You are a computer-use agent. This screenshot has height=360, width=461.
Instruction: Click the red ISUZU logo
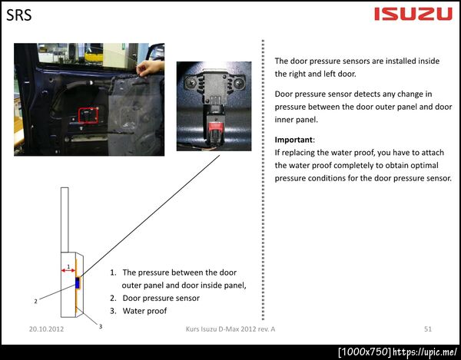(413, 14)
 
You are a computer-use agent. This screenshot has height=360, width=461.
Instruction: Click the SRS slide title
(18, 15)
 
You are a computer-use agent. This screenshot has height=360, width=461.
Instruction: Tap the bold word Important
(294, 140)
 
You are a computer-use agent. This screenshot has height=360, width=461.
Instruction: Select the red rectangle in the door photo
(88, 115)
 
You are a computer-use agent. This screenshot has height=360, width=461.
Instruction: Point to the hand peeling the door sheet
(150, 68)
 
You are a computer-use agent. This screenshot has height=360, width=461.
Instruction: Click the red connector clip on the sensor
(214, 127)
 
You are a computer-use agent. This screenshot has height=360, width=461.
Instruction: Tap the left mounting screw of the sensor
(191, 83)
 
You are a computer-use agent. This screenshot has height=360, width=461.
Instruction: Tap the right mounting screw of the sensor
(239, 84)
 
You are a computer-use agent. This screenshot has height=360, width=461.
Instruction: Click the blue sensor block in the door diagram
(78, 282)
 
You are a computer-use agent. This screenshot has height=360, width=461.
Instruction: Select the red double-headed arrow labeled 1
(68, 270)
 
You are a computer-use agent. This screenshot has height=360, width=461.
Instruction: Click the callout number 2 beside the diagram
(35, 301)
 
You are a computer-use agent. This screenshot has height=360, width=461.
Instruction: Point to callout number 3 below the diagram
(101, 326)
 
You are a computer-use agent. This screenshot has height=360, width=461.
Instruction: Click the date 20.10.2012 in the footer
(46, 329)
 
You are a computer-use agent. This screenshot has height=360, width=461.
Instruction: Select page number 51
(428, 329)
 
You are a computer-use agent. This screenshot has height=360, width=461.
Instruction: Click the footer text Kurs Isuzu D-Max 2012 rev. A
(230, 329)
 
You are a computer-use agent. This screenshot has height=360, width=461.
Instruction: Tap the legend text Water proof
(144, 311)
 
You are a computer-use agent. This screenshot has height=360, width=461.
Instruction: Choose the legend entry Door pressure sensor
(161, 298)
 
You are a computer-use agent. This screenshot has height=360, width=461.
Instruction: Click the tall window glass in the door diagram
(65, 220)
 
